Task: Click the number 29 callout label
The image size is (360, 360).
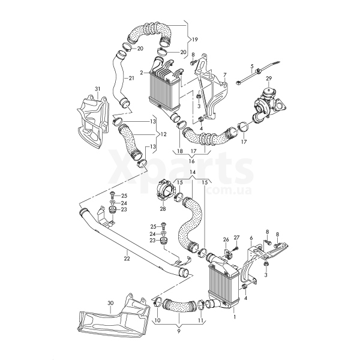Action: (269, 79)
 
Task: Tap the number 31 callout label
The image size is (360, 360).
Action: (98, 89)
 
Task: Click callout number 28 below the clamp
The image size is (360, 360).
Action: (163, 209)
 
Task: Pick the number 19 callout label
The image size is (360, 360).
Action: (194, 39)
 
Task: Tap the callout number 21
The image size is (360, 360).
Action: (132, 79)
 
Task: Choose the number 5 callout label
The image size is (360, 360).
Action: (252, 65)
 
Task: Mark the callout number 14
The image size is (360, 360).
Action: (193, 172)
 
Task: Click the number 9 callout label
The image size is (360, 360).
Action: (178, 329)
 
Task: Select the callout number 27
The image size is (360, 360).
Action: (236, 238)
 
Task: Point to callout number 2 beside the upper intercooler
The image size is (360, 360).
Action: (141, 73)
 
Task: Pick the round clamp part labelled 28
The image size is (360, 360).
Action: (164, 190)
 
